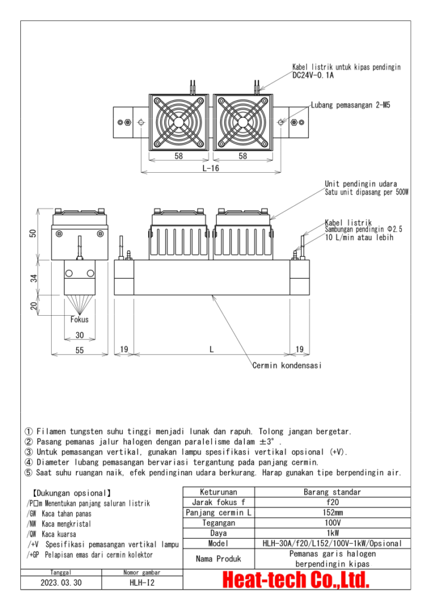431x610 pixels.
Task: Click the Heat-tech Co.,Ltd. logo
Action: [296, 579]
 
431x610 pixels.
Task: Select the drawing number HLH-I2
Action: [142, 583]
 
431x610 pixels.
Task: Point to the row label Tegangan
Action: [218, 522]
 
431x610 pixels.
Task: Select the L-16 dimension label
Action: [210, 169]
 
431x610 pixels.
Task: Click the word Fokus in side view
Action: [79, 320]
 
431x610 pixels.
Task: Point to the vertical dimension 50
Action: [34, 234]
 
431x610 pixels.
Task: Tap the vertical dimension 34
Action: [34, 277]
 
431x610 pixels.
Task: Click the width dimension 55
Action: [79, 351]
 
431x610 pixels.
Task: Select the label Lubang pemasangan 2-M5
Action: [351, 105]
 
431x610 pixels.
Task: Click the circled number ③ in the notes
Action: [29, 452]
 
